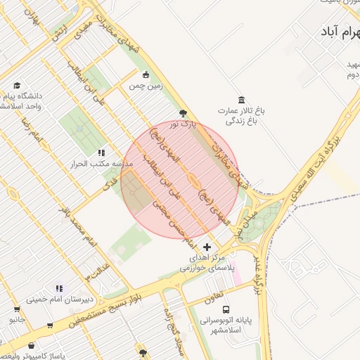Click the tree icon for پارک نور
183,112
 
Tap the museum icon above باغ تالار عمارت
242,99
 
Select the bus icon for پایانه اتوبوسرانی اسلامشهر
226,309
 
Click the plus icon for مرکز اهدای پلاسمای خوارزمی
206,247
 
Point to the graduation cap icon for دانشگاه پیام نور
16,84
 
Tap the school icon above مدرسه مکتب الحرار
101,152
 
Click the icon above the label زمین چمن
146,75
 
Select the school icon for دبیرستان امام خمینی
59,288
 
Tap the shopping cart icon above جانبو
16,308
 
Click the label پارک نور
182,124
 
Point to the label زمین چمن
145,86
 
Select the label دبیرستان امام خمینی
56,299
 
